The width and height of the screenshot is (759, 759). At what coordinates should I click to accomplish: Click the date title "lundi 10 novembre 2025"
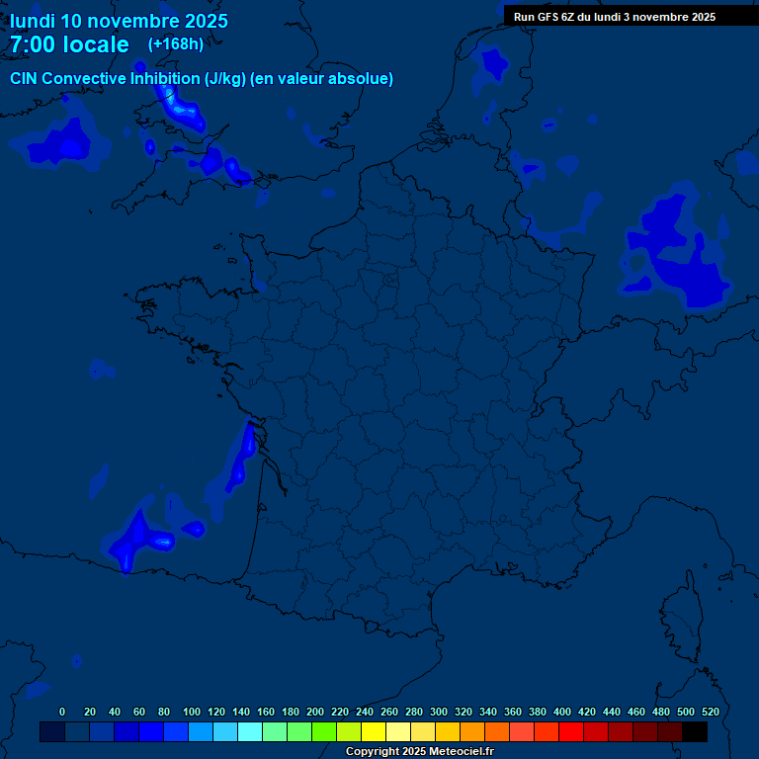point(119,21)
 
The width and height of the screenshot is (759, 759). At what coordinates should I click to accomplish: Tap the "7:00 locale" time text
point(69,44)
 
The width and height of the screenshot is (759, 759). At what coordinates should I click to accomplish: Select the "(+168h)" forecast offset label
point(176,43)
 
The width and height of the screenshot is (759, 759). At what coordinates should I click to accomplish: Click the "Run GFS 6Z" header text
point(551,17)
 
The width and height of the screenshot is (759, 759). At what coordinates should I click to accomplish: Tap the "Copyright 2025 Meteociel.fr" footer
point(419,752)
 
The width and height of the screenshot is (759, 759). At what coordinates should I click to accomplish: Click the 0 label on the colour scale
point(62,712)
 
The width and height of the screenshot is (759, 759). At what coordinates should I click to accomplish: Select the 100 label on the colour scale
point(192,712)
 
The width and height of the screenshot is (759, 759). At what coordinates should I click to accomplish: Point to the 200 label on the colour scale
point(315,712)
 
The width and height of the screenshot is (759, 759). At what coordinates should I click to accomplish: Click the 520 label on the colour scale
point(710,712)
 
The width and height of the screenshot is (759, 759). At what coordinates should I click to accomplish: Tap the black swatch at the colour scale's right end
point(695,731)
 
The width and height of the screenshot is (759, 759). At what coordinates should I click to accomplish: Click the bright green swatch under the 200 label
point(324,731)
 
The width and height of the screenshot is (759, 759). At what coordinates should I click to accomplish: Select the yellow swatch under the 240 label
point(374,731)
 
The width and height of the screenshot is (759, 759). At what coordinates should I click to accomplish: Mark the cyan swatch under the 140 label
point(250,731)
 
